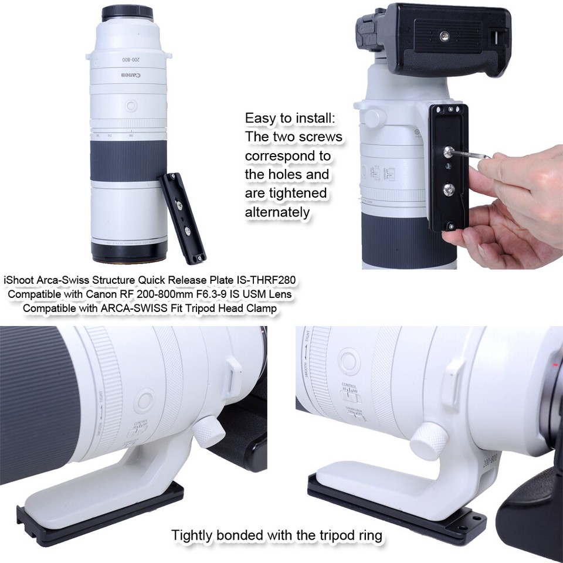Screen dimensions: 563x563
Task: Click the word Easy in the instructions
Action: pyautogui.click(x=260, y=118)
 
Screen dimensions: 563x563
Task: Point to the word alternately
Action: pyautogui.click(x=277, y=212)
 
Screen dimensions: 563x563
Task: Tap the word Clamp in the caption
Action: pyautogui.click(x=262, y=307)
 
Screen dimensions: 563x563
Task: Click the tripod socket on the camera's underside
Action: pyautogui.click(x=447, y=37)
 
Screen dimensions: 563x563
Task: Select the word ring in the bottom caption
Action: pyautogui.click(x=370, y=535)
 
